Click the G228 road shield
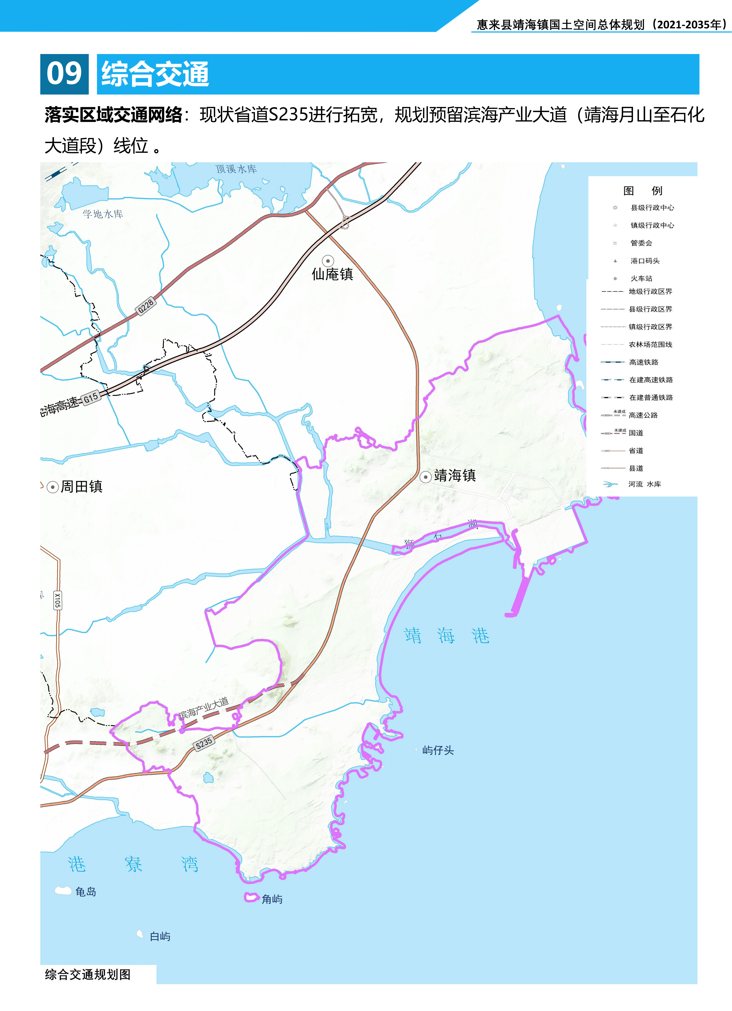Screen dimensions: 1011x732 pos(146,306)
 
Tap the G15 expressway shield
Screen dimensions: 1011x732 pos(91,398)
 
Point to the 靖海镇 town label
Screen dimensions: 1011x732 pos(455,476)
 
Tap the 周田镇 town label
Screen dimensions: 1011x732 pos(82,486)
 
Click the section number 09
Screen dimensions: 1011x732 pos(64,74)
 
